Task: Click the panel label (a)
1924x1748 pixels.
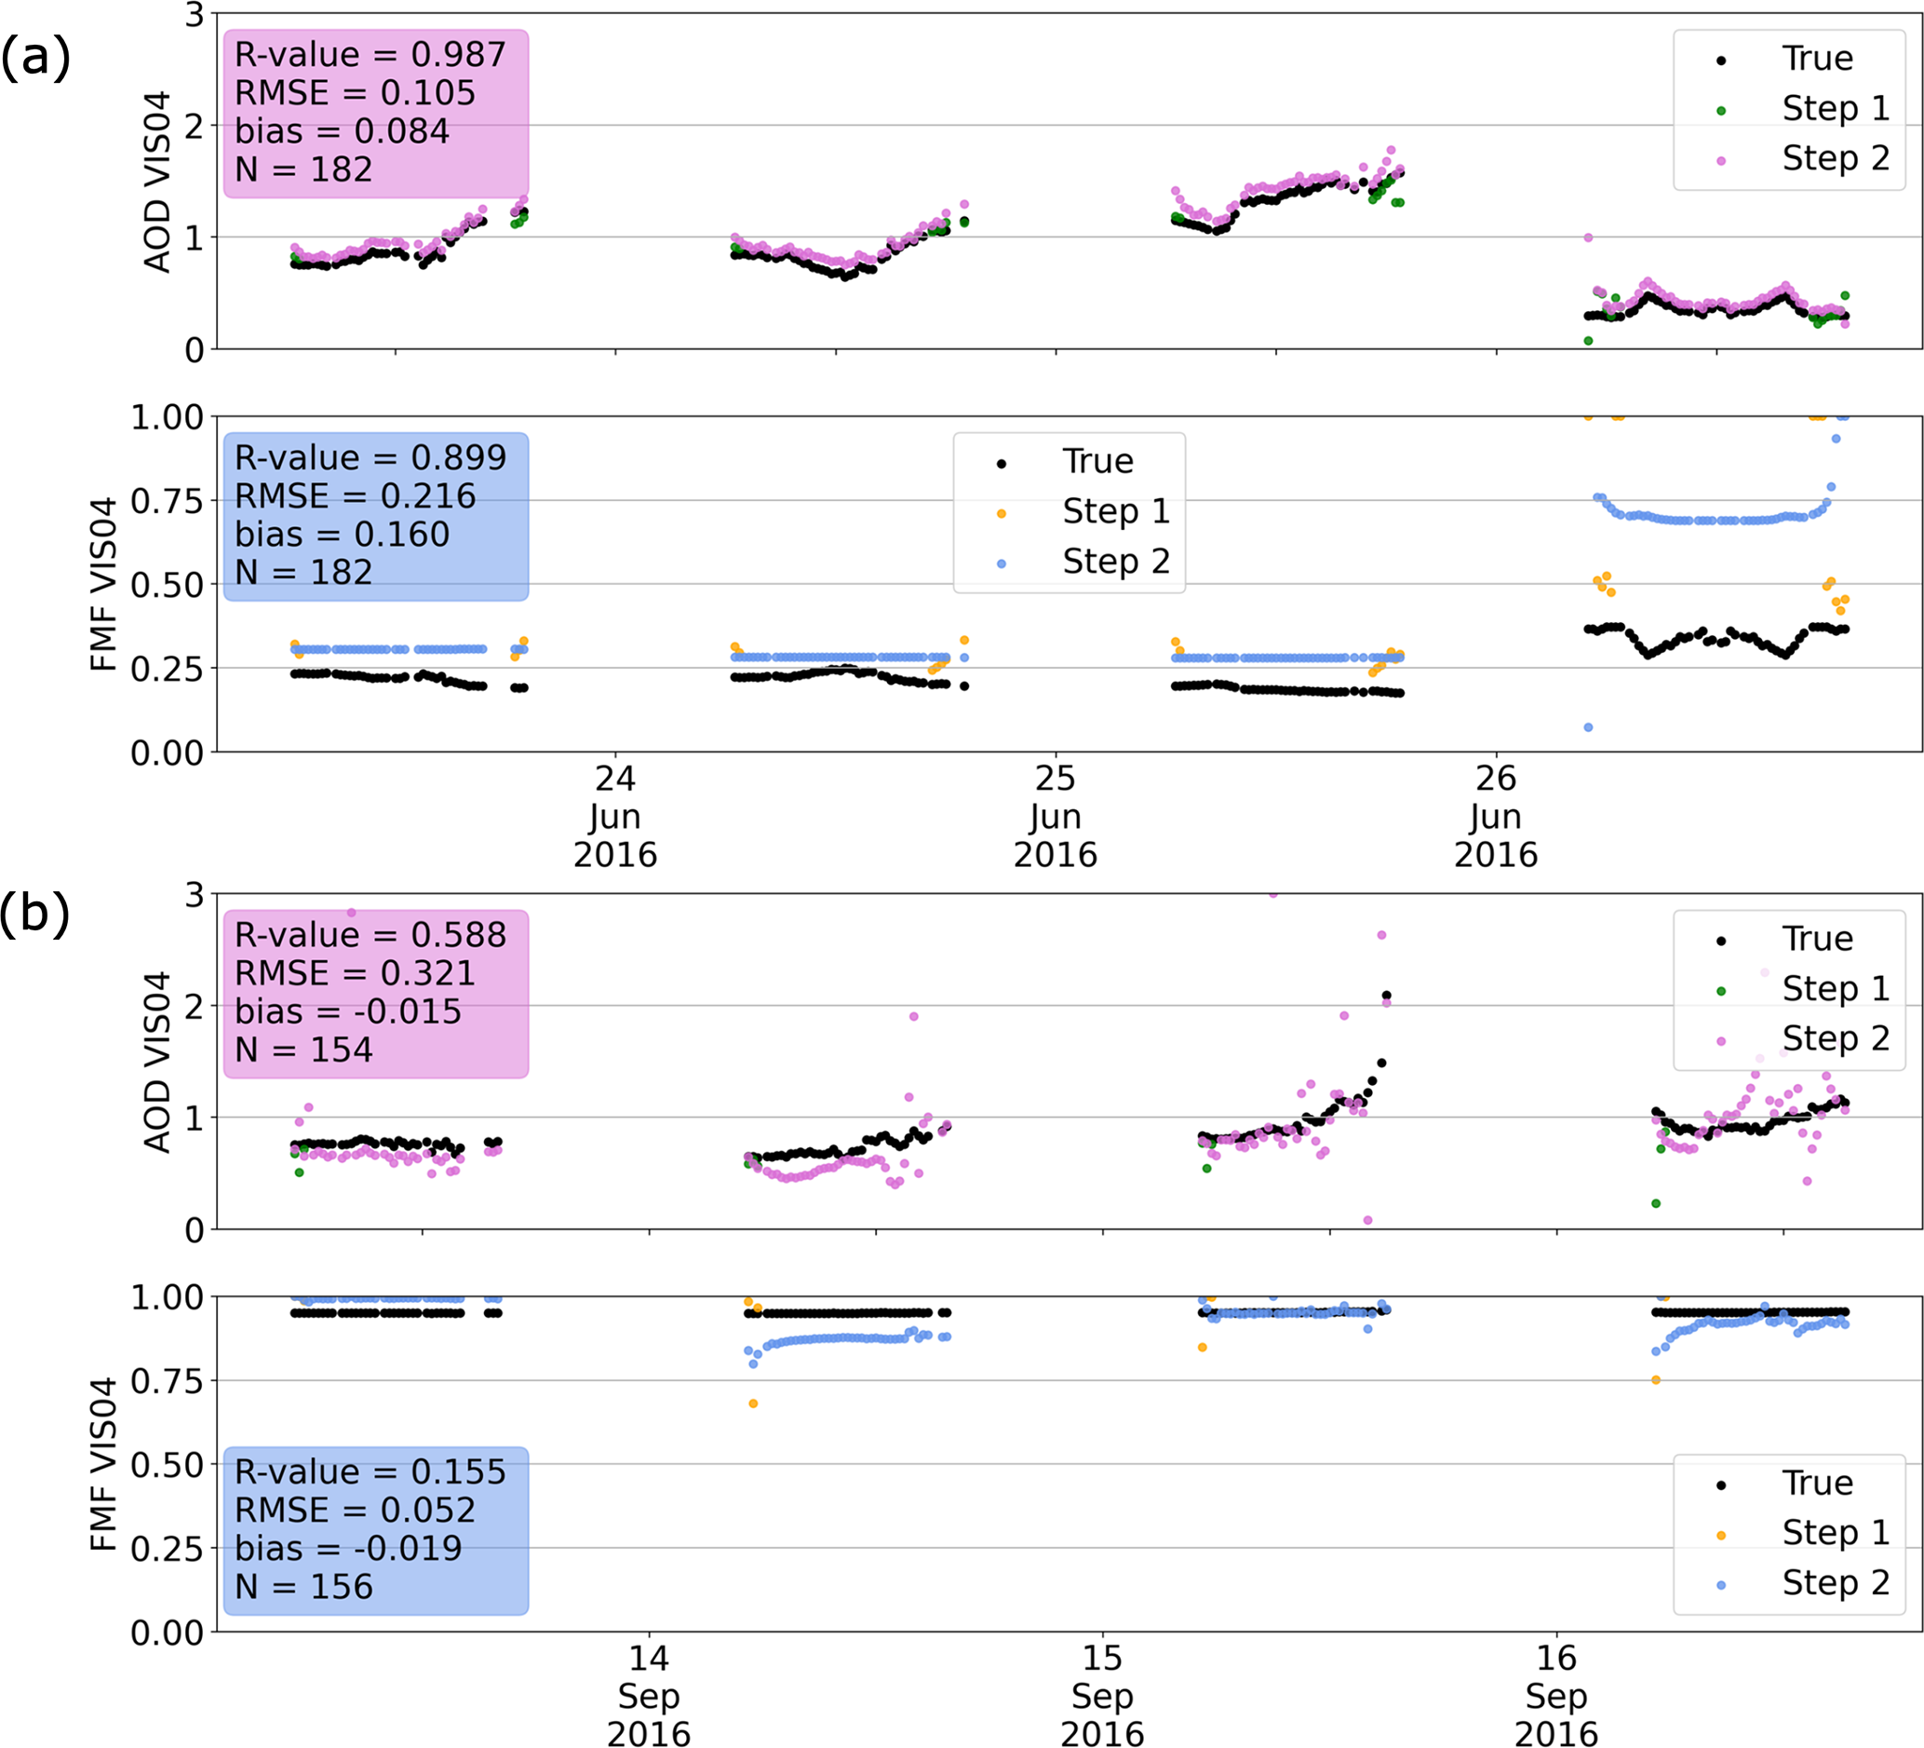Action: [x=35, y=58]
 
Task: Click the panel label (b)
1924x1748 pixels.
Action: [x=35, y=914]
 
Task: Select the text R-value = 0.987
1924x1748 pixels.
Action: [x=370, y=55]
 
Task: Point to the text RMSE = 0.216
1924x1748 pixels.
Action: [x=355, y=496]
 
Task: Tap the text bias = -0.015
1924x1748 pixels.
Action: [x=347, y=1012]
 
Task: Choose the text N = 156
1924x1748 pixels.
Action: [x=303, y=1587]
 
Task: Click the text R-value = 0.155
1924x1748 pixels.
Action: [x=370, y=1472]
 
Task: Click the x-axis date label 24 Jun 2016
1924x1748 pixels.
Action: [x=614, y=816]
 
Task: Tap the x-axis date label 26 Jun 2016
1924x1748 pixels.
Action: [x=1496, y=816]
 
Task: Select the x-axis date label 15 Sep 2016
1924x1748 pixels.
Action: [x=1102, y=1697]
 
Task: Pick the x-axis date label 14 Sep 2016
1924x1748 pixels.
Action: [x=649, y=1697]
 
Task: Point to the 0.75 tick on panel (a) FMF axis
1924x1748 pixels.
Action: [x=167, y=500]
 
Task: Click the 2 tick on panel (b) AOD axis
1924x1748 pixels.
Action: [x=195, y=1006]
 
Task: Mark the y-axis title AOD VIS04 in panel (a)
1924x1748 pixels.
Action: [x=156, y=182]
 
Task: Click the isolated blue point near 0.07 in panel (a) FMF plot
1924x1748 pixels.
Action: [x=1588, y=727]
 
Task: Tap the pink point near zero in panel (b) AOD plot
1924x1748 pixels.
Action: [x=1367, y=1220]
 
